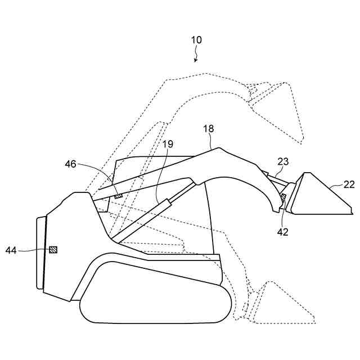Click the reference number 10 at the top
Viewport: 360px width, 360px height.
tap(196, 40)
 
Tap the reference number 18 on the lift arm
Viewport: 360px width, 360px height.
tap(209, 129)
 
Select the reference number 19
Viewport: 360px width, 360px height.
tap(168, 144)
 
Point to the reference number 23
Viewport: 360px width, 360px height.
tap(283, 161)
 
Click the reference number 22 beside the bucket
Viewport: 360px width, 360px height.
tap(349, 184)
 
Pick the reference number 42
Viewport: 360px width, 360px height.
tap(283, 231)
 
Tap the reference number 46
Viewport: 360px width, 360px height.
tap(70, 164)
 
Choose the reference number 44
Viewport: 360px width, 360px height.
tap(11, 249)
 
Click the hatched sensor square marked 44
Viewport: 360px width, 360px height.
tap(53, 249)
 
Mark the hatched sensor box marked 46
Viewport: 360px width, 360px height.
tap(118, 196)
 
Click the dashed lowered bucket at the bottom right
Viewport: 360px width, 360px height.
tap(281, 307)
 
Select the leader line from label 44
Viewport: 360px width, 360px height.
tap(34, 249)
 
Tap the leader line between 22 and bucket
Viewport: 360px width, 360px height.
tap(335, 185)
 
